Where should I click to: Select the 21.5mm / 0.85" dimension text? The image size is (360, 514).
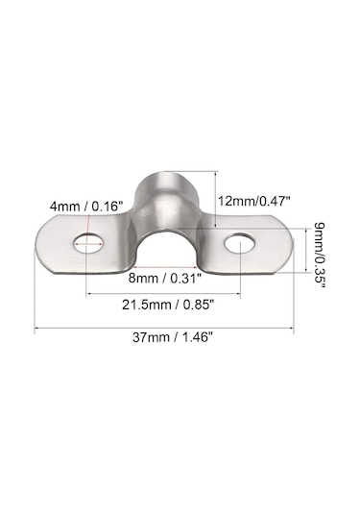pos(168,305)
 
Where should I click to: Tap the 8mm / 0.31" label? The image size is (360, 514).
pos(164,279)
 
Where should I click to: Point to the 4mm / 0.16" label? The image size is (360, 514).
pos(86,207)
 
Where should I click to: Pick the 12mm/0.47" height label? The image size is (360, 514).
pos(254,201)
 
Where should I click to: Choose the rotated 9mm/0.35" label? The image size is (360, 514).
pos(320,256)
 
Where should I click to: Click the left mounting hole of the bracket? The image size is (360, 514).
pos(88,243)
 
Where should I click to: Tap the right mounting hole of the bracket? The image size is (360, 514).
pos(240,243)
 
